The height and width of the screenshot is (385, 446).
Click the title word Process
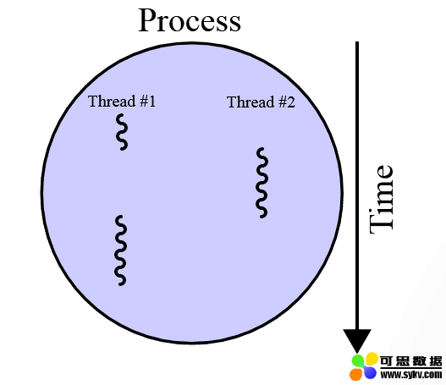click(x=190, y=20)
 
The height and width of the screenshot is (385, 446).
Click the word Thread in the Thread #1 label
click(x=112, y=101)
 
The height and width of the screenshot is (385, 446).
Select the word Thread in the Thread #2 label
click(x=251, y=102)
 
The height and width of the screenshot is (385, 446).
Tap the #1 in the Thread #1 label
click(x=148, y=101)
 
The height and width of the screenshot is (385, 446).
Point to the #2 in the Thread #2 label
click(x=287, y=102)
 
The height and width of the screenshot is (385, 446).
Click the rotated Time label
click(x=381, y=199)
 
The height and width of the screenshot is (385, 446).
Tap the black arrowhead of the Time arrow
click(x=357, y=340)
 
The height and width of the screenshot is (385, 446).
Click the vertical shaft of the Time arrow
click(x=357, y=185)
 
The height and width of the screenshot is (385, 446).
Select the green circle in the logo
click(x=358, y=360)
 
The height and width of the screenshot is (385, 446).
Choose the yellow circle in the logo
click(x=372, y=359)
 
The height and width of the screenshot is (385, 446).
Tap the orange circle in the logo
click(x=355, y=374)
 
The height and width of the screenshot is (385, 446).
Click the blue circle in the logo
click(x=370, y=372)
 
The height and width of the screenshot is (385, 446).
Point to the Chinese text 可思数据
click(x=411, y=361)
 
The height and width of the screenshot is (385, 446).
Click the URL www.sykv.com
click(x=411, y=375)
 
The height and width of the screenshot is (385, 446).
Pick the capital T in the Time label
click(x=381, y=223)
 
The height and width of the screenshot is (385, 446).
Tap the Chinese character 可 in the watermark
click(x=387, y=361)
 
